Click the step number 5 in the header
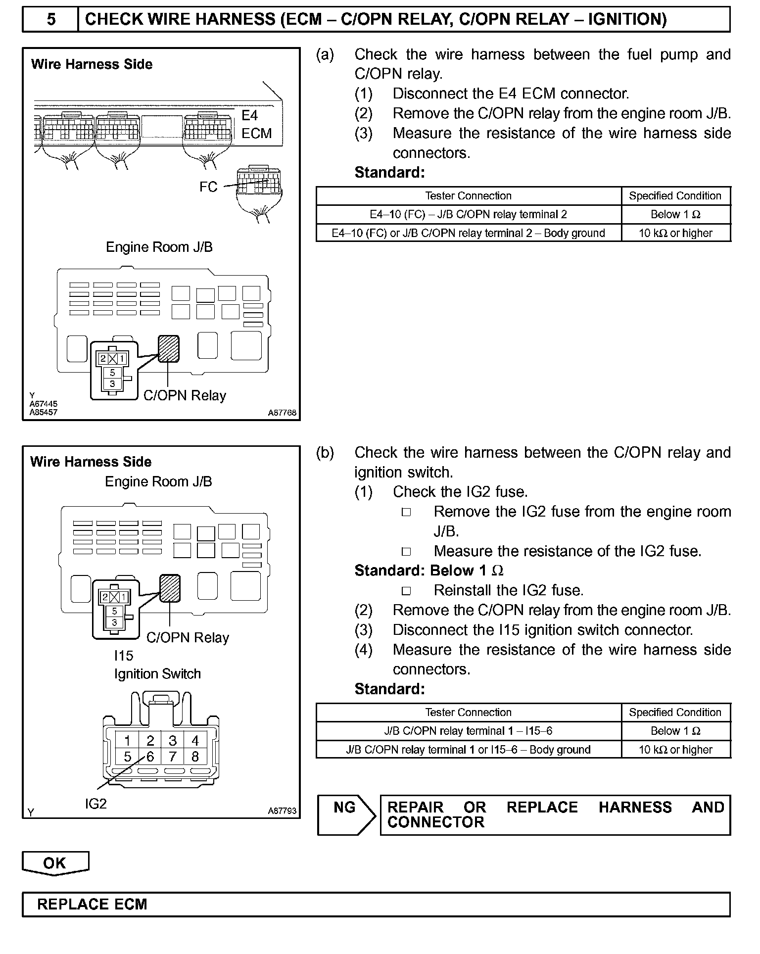pos(51,19)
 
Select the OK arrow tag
pos(55,863)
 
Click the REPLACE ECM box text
pos(92,905)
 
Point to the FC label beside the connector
pos(208,187)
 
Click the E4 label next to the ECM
pos(250,115)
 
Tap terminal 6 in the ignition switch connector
pos(150,757)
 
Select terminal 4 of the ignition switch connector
pos(195,740)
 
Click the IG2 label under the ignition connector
pos(96,804)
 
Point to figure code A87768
pos(282,413)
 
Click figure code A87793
pos(282,811)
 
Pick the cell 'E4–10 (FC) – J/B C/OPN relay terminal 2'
pos(468,215)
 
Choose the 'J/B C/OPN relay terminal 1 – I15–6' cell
pos(468,731)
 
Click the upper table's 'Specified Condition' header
pos(675,196)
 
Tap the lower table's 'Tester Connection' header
pos(468,713)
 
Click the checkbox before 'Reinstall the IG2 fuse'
pos(406,591)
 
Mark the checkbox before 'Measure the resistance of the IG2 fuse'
pos(406,551)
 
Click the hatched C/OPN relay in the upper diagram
pos(168,348)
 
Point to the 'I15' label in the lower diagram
pos(124,656)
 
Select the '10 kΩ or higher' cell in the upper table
pos(675,233)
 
